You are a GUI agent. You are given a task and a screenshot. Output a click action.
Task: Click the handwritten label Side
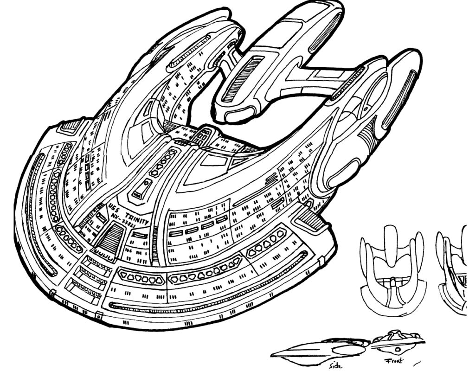[x=335, y=365]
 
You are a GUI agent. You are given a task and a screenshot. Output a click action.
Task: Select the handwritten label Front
[x=393, y=361]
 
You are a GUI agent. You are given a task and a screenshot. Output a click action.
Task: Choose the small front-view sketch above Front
[x=398, y=342]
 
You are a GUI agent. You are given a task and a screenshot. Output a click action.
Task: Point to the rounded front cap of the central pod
[x=237, y=114]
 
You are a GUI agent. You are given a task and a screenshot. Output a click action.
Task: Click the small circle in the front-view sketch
[x=398, y=348]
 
